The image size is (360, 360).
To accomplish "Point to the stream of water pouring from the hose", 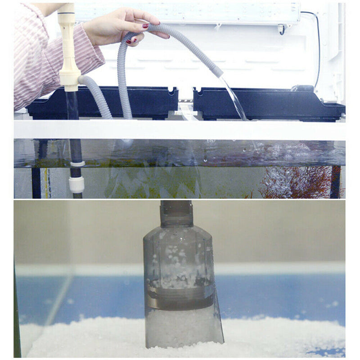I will [234, 97].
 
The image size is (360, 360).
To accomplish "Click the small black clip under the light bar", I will [281, 30].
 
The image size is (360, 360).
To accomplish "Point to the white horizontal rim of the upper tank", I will [180, 129].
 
